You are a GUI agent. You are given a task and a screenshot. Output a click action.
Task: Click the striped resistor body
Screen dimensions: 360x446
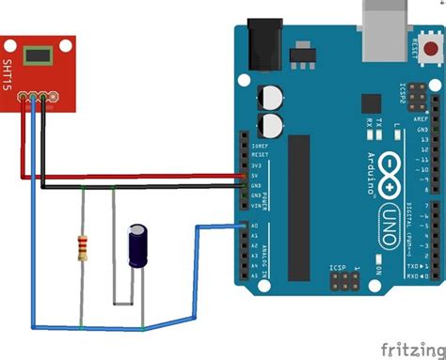pyautogui.click(x=83, y=248)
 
